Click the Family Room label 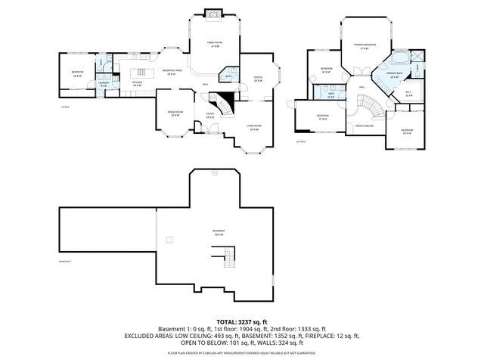(x=214, y=44)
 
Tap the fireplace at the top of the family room (x=215, y=14)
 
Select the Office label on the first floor (x=258, y=79)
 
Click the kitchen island (x=141, y=71)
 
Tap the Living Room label (x=254, y=126)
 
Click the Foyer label (x=210, y=114)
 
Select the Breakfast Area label (x=169, y=71)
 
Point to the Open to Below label (x=365, y=126)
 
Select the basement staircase (x=230, y=259)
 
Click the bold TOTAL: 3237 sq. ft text (x=241, y=322)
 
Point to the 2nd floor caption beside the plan (x=301, y=141)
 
